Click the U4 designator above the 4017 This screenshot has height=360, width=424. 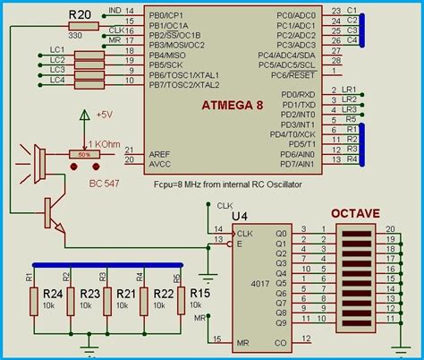240,216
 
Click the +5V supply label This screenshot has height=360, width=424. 106,115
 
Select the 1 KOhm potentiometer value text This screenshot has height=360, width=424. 105,142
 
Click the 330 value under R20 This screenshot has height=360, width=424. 75,34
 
